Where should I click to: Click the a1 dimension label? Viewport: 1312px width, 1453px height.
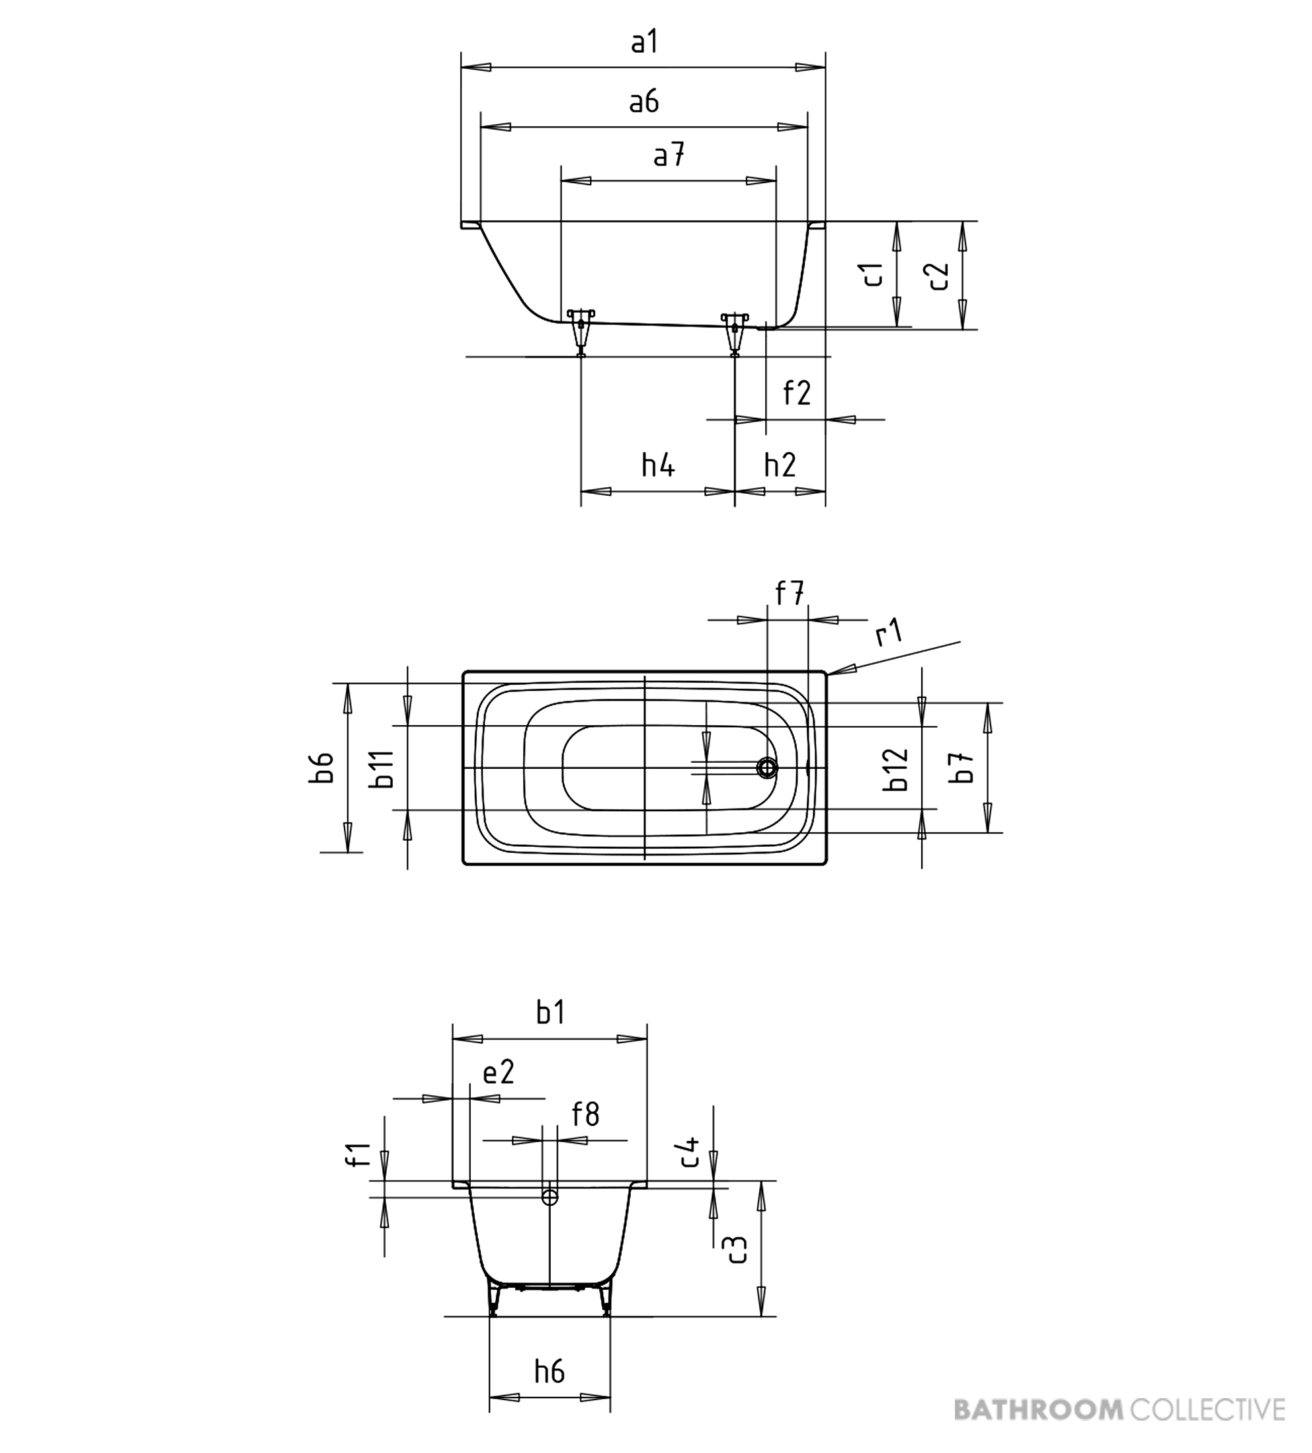645,42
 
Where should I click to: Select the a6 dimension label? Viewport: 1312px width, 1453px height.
643,102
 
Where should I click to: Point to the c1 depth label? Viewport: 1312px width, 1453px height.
874,274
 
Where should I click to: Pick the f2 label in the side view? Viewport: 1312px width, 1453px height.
798,393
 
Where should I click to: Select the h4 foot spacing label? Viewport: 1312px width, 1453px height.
658,465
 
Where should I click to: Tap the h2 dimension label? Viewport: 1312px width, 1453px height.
780,465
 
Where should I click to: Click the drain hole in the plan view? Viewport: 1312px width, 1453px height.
767,768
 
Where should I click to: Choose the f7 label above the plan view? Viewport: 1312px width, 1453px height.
790,594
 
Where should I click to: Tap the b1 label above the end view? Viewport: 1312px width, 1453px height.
550,1013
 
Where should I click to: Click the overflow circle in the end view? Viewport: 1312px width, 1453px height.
550,1198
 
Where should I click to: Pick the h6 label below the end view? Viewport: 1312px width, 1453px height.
550,1372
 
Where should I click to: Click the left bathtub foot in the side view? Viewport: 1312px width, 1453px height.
581,333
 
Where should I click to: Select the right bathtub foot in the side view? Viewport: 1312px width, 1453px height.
735,334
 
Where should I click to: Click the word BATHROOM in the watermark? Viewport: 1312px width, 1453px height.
1039,1408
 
